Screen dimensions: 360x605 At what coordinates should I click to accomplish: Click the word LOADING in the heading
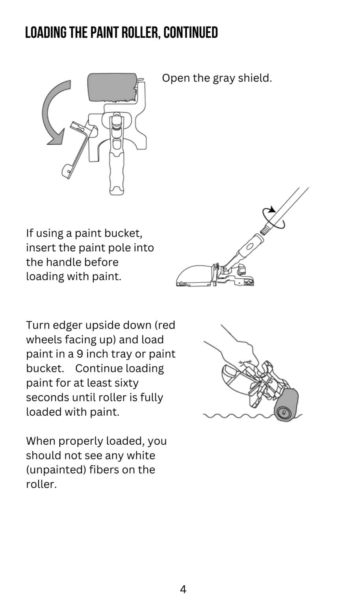pos(46,33)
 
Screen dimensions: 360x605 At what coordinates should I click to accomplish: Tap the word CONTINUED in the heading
pos(191,33)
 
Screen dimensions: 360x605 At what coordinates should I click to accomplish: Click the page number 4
pos(183,589)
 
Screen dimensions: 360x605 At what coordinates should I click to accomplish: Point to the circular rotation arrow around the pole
pos(273,218)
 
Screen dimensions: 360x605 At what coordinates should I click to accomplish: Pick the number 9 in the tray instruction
pos(80,354)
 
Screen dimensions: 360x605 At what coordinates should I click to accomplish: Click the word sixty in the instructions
pos(126,383)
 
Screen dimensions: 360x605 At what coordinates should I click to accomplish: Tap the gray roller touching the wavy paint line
pos(286,405)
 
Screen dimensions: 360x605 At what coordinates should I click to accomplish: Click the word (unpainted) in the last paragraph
pos(56,470)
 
